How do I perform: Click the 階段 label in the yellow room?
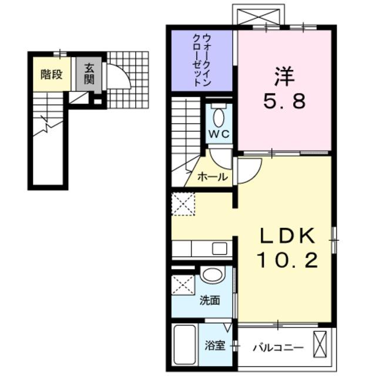coord(52,75)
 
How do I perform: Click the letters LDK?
coord(289,236)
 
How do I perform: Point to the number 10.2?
coord(289,260)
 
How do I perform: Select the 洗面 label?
coord(210,301)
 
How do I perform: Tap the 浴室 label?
coord(214,346)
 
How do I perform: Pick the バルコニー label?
coord(278,347)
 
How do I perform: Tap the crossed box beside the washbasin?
coord(184,285)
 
